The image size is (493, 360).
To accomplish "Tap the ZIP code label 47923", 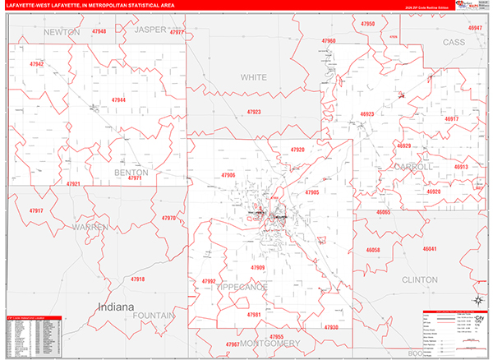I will (x=254, y=112).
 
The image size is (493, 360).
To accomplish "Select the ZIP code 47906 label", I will (x=228, y=175).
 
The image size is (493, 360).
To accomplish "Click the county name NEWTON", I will (x=62, y=32).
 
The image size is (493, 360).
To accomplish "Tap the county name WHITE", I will (x=254, y=77).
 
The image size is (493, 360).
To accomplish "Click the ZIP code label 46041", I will (x=430, y=248).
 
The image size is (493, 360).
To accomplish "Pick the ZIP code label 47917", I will (x=36, y=211).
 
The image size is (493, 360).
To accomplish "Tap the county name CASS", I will (x=454, y=41).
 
